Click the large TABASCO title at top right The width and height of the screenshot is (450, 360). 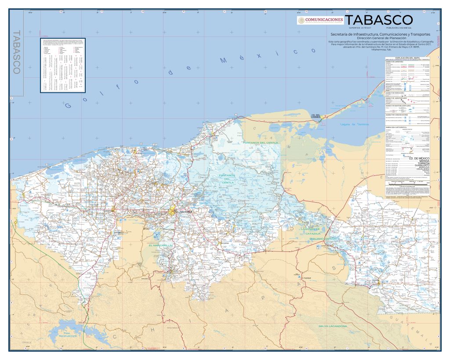point(379,20)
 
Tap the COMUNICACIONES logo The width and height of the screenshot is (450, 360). point(320,20)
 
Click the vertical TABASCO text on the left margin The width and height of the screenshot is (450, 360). point(18,52)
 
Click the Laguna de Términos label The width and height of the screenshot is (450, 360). point(356,124)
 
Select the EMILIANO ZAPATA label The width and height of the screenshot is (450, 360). point(323,238)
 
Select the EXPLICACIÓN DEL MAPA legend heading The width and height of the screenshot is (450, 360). point(407,58)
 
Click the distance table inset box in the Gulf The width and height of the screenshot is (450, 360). point(63,65)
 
